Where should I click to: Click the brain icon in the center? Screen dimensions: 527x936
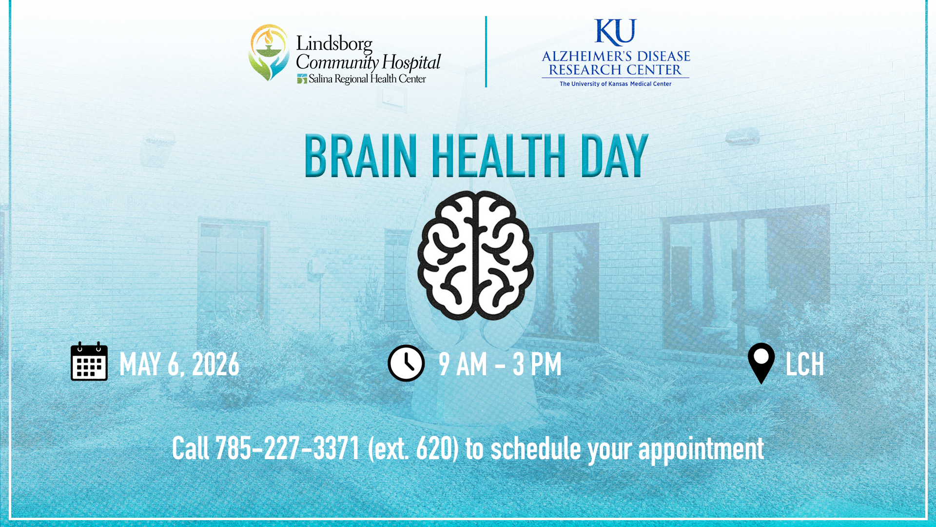[x=475, y=256]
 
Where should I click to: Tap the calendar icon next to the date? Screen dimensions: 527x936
[x=89, y=362]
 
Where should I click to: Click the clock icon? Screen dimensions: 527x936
[x=406, y=363]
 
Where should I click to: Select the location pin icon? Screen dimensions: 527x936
[x=761, y=362]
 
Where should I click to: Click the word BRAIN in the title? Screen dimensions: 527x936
[x=361, y=157]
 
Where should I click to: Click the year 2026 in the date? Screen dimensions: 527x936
[x=215, y=364]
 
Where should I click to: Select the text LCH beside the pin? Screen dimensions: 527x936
[x=804, y=364]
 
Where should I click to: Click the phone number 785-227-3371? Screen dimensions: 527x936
[x=287, y=449]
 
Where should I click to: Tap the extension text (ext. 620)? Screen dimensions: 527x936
[x=413, y=449]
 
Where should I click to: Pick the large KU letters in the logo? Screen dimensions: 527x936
[x=615, y=32]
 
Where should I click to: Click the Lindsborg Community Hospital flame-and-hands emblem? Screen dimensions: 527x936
[x=269, y=53]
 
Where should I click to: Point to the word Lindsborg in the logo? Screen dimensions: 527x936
[x=334, y=44]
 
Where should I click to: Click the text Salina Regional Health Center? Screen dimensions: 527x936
[x=367, y=79]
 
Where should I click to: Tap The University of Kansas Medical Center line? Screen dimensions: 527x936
[x=615, y=84]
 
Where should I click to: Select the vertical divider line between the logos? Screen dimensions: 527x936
[x=486, y=52]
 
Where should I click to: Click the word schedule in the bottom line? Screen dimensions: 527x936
[x=536, y=449]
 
